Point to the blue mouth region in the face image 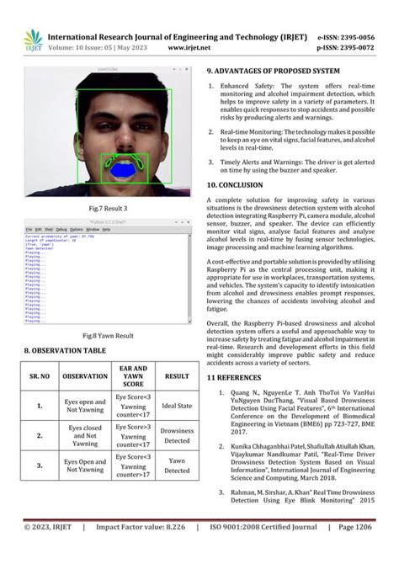point(124,171)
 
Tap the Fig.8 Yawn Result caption point(109,335)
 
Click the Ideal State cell point(177,407)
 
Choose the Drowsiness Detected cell point(177,435)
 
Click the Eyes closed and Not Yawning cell point(85,436)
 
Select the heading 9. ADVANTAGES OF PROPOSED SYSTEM point(274,72)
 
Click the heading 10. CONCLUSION point(240,184)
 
